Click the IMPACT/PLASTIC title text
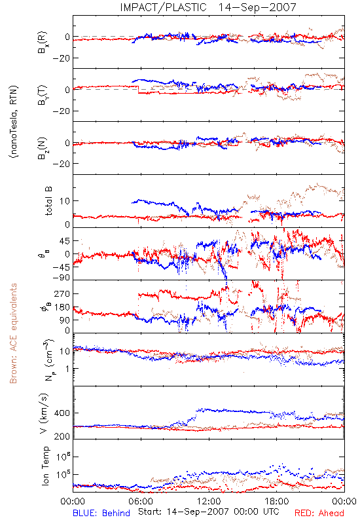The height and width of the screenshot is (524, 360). click(163, 7)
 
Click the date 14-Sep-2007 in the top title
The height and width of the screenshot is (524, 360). click(257, 7)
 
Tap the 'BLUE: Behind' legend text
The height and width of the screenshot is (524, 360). click(101, 513)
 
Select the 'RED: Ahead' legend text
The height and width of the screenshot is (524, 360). click(319, 513)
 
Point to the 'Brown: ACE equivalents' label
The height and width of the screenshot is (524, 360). click(13, 333)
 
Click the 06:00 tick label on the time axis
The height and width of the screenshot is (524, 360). click(141, 501)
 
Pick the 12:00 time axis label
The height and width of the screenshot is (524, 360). click(209, 501)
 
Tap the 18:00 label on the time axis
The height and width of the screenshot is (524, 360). click(277, 501)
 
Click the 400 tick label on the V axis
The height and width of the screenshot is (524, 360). click(62, 413)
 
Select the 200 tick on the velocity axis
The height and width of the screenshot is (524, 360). click(62, 436)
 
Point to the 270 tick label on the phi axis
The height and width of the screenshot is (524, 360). click(62, 293)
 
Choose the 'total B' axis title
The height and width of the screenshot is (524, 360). click(48, 201)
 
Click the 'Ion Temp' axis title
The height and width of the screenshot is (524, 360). click(45, 466)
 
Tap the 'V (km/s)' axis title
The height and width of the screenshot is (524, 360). click(44, 413)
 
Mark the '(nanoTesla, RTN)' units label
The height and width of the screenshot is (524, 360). click(14, 121)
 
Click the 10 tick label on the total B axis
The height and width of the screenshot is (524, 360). click(65, 201)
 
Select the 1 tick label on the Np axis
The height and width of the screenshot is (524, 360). click(67, 369)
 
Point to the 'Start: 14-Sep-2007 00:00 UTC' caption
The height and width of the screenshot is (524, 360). click(209, 512)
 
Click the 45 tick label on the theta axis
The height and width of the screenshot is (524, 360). click(65, 240)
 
